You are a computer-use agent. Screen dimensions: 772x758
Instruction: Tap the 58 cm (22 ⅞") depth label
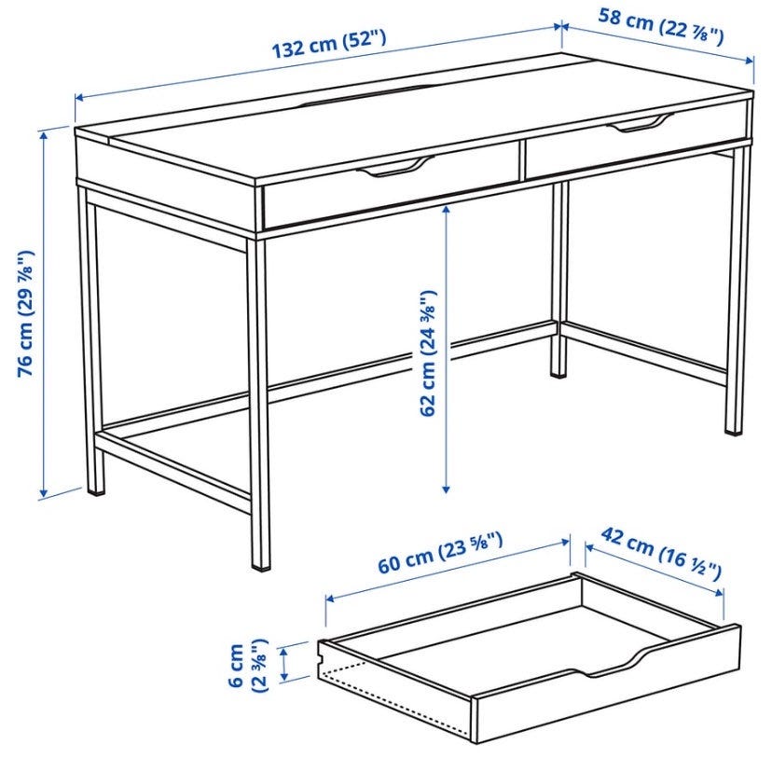pos(661,27)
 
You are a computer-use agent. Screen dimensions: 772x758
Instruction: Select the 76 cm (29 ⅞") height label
pos(25,314)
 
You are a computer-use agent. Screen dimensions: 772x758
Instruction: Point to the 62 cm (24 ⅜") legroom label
pos(427,353)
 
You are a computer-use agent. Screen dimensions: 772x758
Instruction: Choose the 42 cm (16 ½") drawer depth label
pos(661,553)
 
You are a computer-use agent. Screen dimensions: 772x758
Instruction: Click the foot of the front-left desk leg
pos(96,489)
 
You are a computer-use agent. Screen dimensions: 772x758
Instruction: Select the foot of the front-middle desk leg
pos(261,566)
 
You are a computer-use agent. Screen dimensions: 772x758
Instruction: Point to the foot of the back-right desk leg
pos(558,374)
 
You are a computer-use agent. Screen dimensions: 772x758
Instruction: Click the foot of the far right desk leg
pos(733,431)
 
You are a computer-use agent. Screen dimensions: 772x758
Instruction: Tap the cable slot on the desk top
pos(363,95)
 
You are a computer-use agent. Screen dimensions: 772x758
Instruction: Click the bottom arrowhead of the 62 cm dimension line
pos(446,489)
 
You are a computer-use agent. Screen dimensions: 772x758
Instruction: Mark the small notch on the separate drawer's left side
pos(321,657)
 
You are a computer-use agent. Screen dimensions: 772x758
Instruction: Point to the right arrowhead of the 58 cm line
pos(750,61)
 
